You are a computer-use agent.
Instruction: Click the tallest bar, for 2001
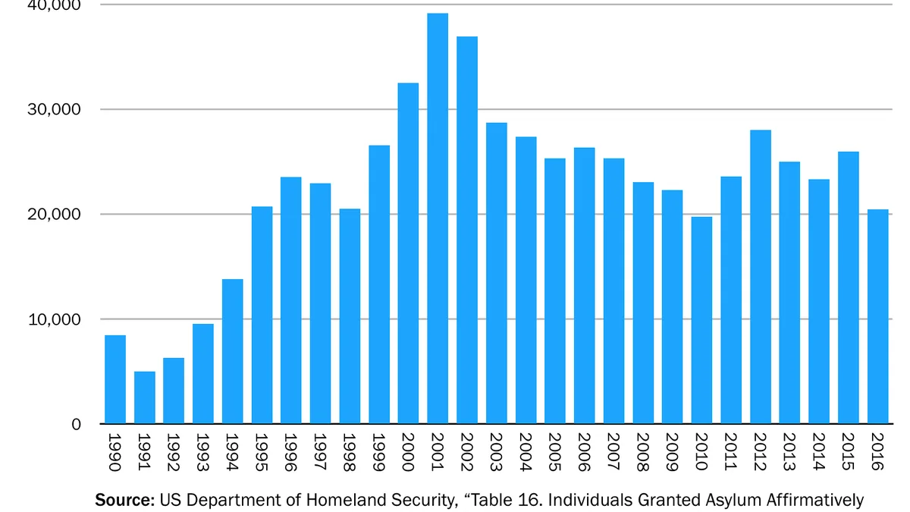[438, 218]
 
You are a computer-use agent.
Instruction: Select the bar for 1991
[145, 397]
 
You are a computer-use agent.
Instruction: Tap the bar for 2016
[878, 316]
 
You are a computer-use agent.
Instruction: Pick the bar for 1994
[232, 351]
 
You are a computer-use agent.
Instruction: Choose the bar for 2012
[761, 277]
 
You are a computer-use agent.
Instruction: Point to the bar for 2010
[701, 321]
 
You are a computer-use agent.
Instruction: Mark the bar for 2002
[467, 231]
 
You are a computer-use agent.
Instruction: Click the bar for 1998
[350, 316]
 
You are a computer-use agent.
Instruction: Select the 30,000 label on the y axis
[54, 109]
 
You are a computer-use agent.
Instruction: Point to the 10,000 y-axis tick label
[54, 319]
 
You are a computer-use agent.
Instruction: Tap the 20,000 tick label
[54, 214]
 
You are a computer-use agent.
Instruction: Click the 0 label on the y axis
[77, 425]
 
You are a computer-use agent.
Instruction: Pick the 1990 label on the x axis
[115, 452]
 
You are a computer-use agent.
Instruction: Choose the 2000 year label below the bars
[408, 452]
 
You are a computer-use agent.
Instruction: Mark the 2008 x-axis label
[643, 452]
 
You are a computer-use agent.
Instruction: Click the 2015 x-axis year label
[848, 452]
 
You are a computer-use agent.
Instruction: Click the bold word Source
[124, 500]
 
